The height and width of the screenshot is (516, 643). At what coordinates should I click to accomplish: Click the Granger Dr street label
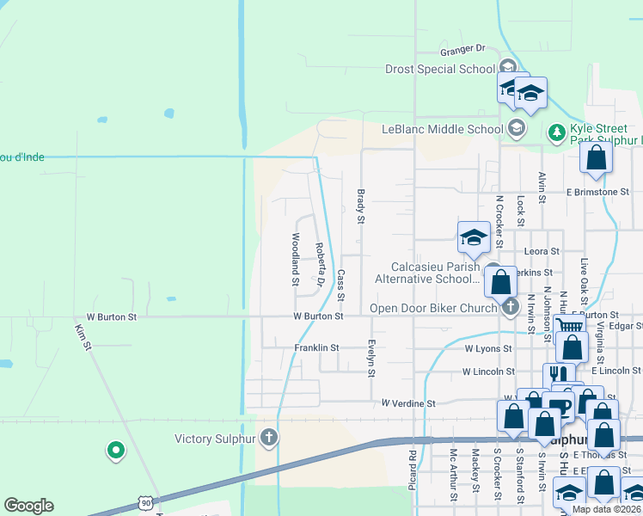pos(463,49)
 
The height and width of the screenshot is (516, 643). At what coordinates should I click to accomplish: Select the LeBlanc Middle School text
pos(442,129)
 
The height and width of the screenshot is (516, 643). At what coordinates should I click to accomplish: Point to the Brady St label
pos(361,207)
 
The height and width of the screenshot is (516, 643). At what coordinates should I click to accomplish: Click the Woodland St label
pos(295,259)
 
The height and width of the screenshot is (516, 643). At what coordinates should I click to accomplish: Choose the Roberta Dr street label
pos(319,263)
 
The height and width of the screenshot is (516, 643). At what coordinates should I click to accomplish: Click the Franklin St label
pos(316,348)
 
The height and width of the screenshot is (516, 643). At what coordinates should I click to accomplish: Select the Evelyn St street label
pos(372,356)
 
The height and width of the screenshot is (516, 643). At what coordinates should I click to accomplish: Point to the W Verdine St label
pos(409,402)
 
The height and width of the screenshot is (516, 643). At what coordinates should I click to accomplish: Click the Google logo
pos(28,506)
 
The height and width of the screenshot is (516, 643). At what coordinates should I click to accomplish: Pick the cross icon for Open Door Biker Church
pos(511,306)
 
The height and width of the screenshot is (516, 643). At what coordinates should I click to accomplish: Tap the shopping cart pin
pos(566,325)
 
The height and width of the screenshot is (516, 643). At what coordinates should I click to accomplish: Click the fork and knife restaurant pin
pos(558,374)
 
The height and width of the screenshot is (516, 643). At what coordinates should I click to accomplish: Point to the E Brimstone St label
pos(603,192)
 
